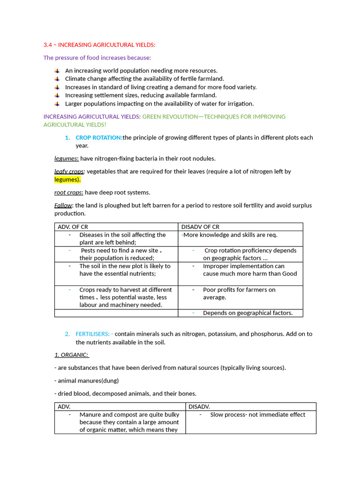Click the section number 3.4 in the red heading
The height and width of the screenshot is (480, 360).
[48, 45]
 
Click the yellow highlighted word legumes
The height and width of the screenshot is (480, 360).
[67, 179]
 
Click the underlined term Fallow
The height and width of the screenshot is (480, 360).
[63, 205]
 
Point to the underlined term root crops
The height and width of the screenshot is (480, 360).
[68, 192]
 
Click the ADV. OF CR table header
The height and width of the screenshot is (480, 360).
[73, 226]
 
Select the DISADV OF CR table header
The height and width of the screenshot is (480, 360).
[200, 226]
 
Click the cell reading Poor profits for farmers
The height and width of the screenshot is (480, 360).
[239, 290]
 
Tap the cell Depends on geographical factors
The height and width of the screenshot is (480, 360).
[247, 313]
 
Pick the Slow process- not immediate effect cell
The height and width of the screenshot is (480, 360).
[257, 414]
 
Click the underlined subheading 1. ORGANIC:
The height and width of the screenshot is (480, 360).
[71, 354]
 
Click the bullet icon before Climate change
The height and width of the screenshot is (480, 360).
[57, 79]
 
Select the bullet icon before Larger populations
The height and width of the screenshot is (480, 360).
[57, 104]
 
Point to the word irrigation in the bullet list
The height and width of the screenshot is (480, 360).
[240, 104]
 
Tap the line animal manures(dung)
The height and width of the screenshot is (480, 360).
[87, 381]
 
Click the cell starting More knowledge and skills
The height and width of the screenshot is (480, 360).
[230, 235]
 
